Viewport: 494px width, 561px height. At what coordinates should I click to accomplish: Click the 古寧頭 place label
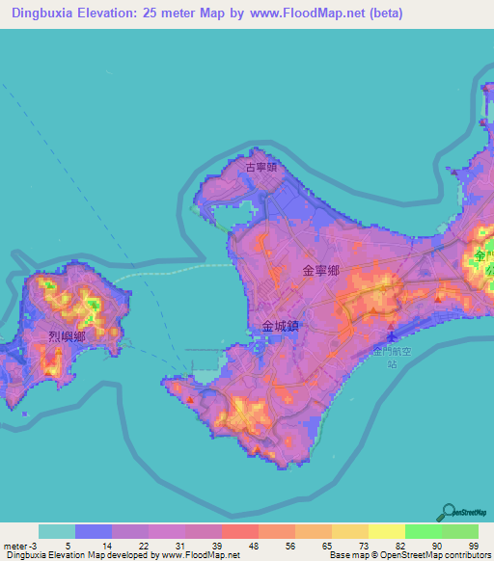coord(261,167)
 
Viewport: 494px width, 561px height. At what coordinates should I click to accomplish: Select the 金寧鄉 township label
coord(320,273)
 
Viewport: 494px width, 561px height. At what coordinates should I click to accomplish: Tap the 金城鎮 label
coord(281,327)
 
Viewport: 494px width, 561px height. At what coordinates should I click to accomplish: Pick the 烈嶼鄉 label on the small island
coord(67,336)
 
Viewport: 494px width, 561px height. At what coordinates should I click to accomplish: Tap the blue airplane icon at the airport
coord(391,337)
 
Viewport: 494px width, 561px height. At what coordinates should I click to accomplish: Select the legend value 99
coord(473,545)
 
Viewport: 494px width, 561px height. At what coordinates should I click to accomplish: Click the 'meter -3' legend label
coord(19,545)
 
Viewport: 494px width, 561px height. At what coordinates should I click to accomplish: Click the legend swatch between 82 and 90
coord(423,531)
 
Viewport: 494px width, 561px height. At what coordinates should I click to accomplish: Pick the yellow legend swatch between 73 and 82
coord(386,531)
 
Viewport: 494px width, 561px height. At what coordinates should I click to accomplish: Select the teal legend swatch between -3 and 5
coord(56,531)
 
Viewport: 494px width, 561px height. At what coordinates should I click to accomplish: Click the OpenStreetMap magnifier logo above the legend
coord(448,512)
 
